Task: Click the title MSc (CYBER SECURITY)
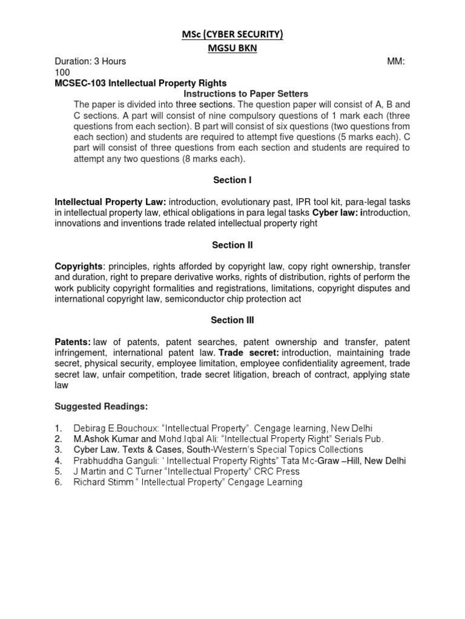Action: [x=232, y=36]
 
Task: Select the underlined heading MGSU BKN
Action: [x=232, y=49]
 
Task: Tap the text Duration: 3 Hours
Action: [x=91, y=62]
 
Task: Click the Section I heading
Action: [x=232, y=180]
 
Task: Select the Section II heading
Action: [x=232, y=245]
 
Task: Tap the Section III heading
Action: [x=232, y=320]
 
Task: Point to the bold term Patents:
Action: [x=73, y=342]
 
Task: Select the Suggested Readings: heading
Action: [x=101, y=405]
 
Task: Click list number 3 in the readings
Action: [x=59, y=450]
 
